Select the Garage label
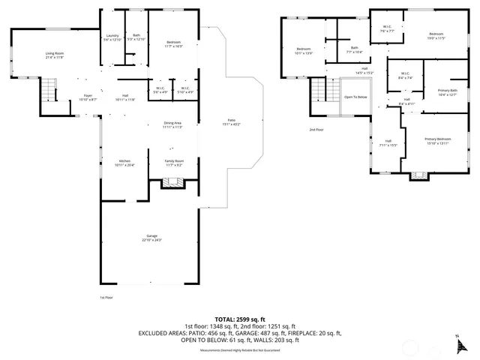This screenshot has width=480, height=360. click(x=153, y=239)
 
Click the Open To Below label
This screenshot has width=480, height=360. click(x=355, y=97)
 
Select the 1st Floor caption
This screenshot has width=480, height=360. click(x=106, y=298)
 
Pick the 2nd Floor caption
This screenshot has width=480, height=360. click(x=316, y=130)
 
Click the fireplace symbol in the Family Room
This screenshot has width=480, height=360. click(x=172, y=181)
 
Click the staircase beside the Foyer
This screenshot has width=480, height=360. click(x=48, y=95)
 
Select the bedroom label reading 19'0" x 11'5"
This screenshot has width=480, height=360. click(x=436, y=35)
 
